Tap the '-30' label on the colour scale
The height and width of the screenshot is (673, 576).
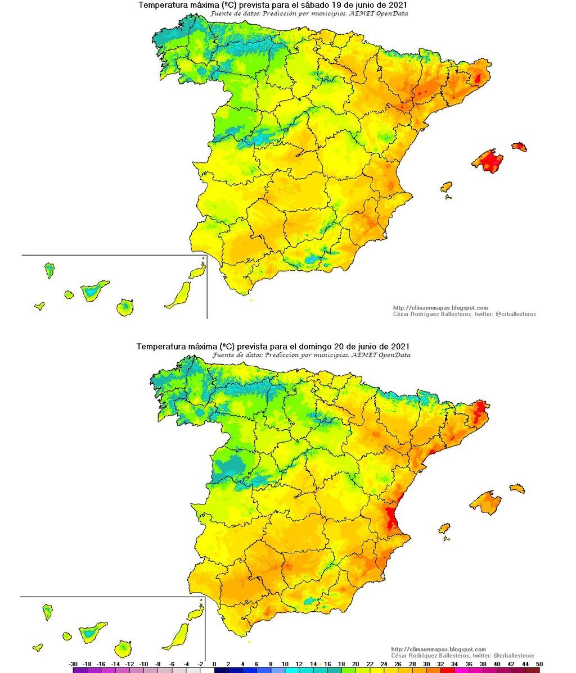click(73, 663)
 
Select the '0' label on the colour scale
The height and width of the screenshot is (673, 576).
click(214, 663)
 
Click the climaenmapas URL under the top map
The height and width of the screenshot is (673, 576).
click(440, 308)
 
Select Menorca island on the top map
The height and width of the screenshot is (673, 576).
click(519, 147)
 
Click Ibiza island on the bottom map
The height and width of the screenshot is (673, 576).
click(444, 529)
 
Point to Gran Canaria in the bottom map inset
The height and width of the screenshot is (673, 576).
click(124, 649)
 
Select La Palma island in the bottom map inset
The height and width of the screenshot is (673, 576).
click(48, 611)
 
